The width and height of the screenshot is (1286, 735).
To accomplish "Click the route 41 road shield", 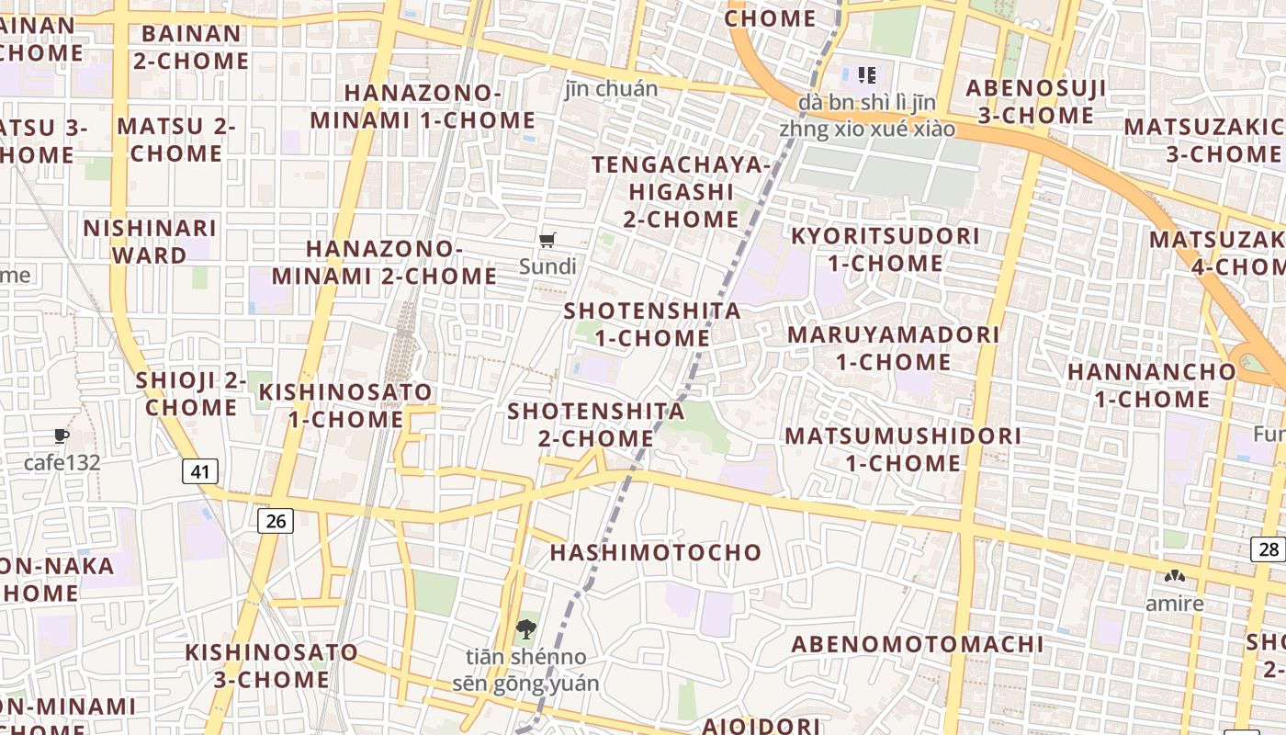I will tap(200, 472).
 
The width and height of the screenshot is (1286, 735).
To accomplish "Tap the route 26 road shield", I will tap(275, 521).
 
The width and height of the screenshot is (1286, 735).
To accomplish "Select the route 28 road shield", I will tap(1268, 549).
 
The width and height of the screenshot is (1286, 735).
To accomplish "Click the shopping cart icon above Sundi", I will tap(547, 241).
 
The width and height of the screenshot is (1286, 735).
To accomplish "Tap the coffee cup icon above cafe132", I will tap(62, 435).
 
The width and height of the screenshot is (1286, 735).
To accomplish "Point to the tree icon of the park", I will tap(525, 629).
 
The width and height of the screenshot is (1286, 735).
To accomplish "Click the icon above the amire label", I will tap(1174, 577).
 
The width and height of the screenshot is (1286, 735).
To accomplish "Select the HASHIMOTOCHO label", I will tap(656, 552).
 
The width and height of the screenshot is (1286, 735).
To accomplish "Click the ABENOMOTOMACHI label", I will tap(917, 644).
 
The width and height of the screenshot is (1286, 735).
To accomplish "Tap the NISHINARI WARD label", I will tap(150, 242).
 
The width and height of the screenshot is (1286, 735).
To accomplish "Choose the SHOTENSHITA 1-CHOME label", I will tap(652, 324).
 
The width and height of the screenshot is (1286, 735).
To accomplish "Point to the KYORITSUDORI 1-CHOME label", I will tap(885, 250).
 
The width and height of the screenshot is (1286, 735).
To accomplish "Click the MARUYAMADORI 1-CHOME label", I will tap(893, 347).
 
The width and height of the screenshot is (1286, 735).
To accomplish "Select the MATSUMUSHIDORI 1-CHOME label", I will tap(903, 449).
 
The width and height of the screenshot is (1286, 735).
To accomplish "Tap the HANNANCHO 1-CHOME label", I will tap(1152, 386).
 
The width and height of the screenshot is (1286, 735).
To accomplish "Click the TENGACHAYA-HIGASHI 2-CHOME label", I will tap(681, 192).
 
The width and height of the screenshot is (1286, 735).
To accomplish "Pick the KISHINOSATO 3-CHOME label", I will tap(272, 666).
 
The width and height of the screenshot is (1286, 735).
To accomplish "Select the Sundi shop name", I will tap(547, 267).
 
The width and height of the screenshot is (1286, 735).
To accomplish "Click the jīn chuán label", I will tap(611, 89).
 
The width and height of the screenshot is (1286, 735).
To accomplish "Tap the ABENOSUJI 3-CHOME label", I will tap(1035, 102).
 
